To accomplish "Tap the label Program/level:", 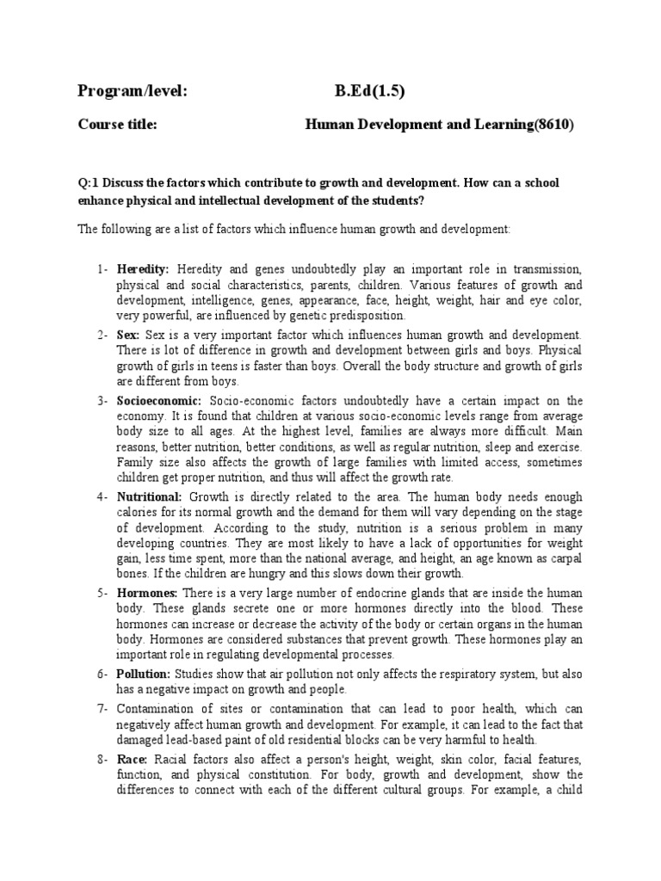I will click(133, 93).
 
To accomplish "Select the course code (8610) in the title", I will click(553, 125).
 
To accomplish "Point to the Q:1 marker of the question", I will click(90, 184).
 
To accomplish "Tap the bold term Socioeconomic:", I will click(159, 401).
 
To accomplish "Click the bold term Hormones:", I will click(147, 593).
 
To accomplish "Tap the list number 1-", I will click(102, 270).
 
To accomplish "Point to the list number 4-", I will click(102, 496).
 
